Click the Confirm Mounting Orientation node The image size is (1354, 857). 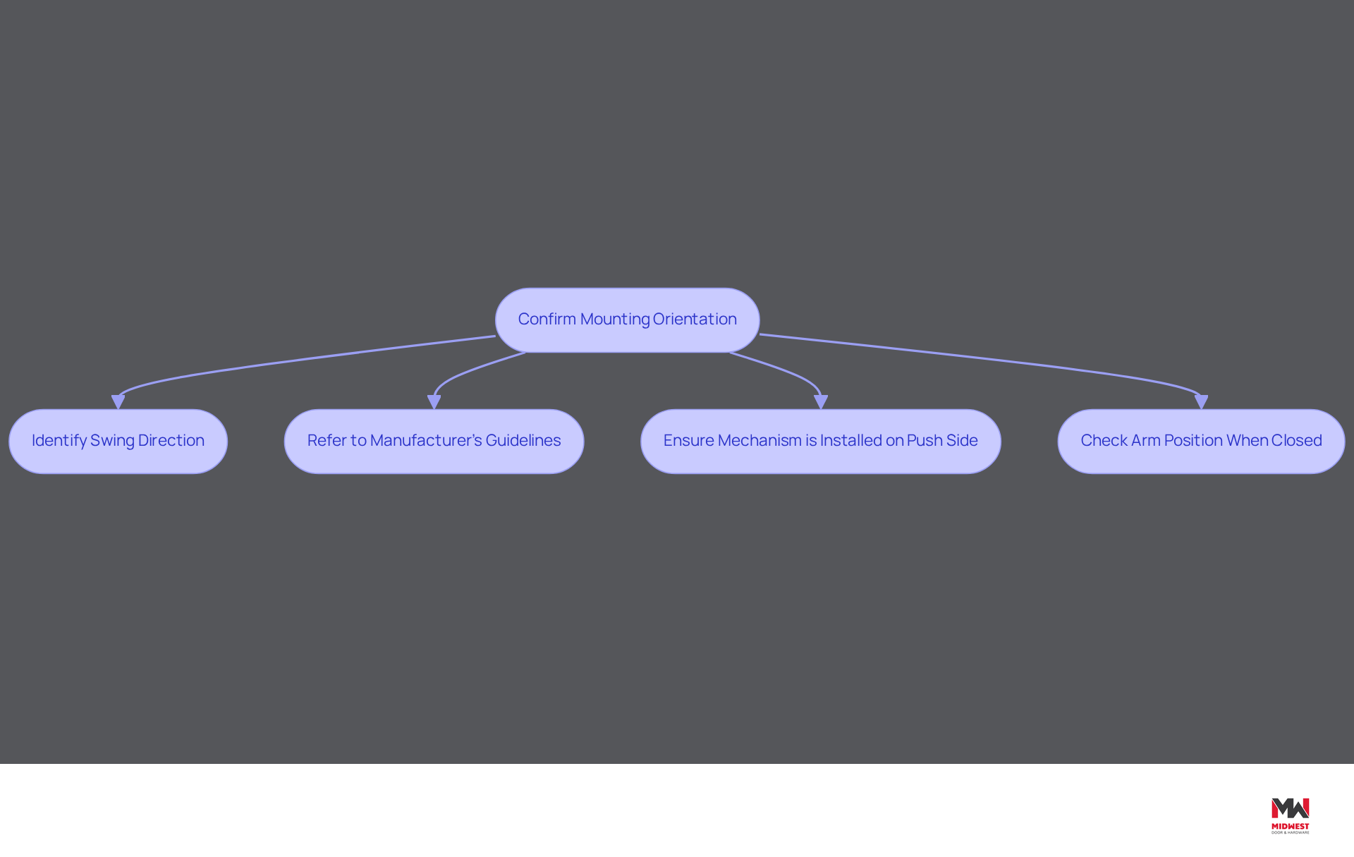(628, 320)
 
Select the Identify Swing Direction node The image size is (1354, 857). (118, 441)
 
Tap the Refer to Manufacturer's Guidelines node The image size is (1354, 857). (434, 441)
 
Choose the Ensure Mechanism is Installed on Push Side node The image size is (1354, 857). (820, 441)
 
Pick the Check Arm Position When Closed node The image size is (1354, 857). (1201, 441)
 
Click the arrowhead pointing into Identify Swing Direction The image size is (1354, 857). (118, 402)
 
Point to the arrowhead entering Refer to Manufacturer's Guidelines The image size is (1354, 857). (434, 402)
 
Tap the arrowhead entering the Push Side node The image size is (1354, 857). (821, 402)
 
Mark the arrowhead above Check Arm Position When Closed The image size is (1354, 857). (1201, 402)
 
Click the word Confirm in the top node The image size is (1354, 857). (547, 320)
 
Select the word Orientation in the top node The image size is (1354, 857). (695, 320)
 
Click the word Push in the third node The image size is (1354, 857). (925, 441)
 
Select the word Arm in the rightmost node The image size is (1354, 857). (1146, 441)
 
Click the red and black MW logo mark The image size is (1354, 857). (1290, 809)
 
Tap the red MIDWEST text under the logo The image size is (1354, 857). (1290, 827)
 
